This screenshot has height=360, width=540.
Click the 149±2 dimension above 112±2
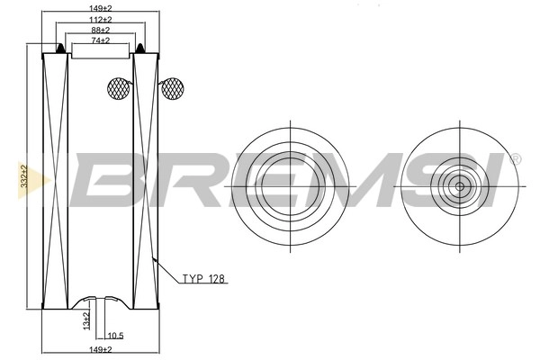(x=101, y=7)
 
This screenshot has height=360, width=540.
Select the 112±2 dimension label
(x=101, y=19)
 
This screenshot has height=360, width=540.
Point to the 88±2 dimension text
(x=101, y=30)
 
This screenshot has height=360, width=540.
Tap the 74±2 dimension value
(x=101, y=40)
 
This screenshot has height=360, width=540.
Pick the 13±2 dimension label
(x=85, y=319)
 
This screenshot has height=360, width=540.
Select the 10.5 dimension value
(x=115, y=336)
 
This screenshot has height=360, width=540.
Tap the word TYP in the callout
(x=193, y=280)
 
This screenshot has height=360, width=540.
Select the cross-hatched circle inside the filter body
(x=119, y=87)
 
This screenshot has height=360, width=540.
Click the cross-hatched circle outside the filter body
(x=171, y=87)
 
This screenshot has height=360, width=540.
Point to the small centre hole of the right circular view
(x=459, y=186)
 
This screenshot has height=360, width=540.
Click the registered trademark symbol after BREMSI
(x=514, y=158)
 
